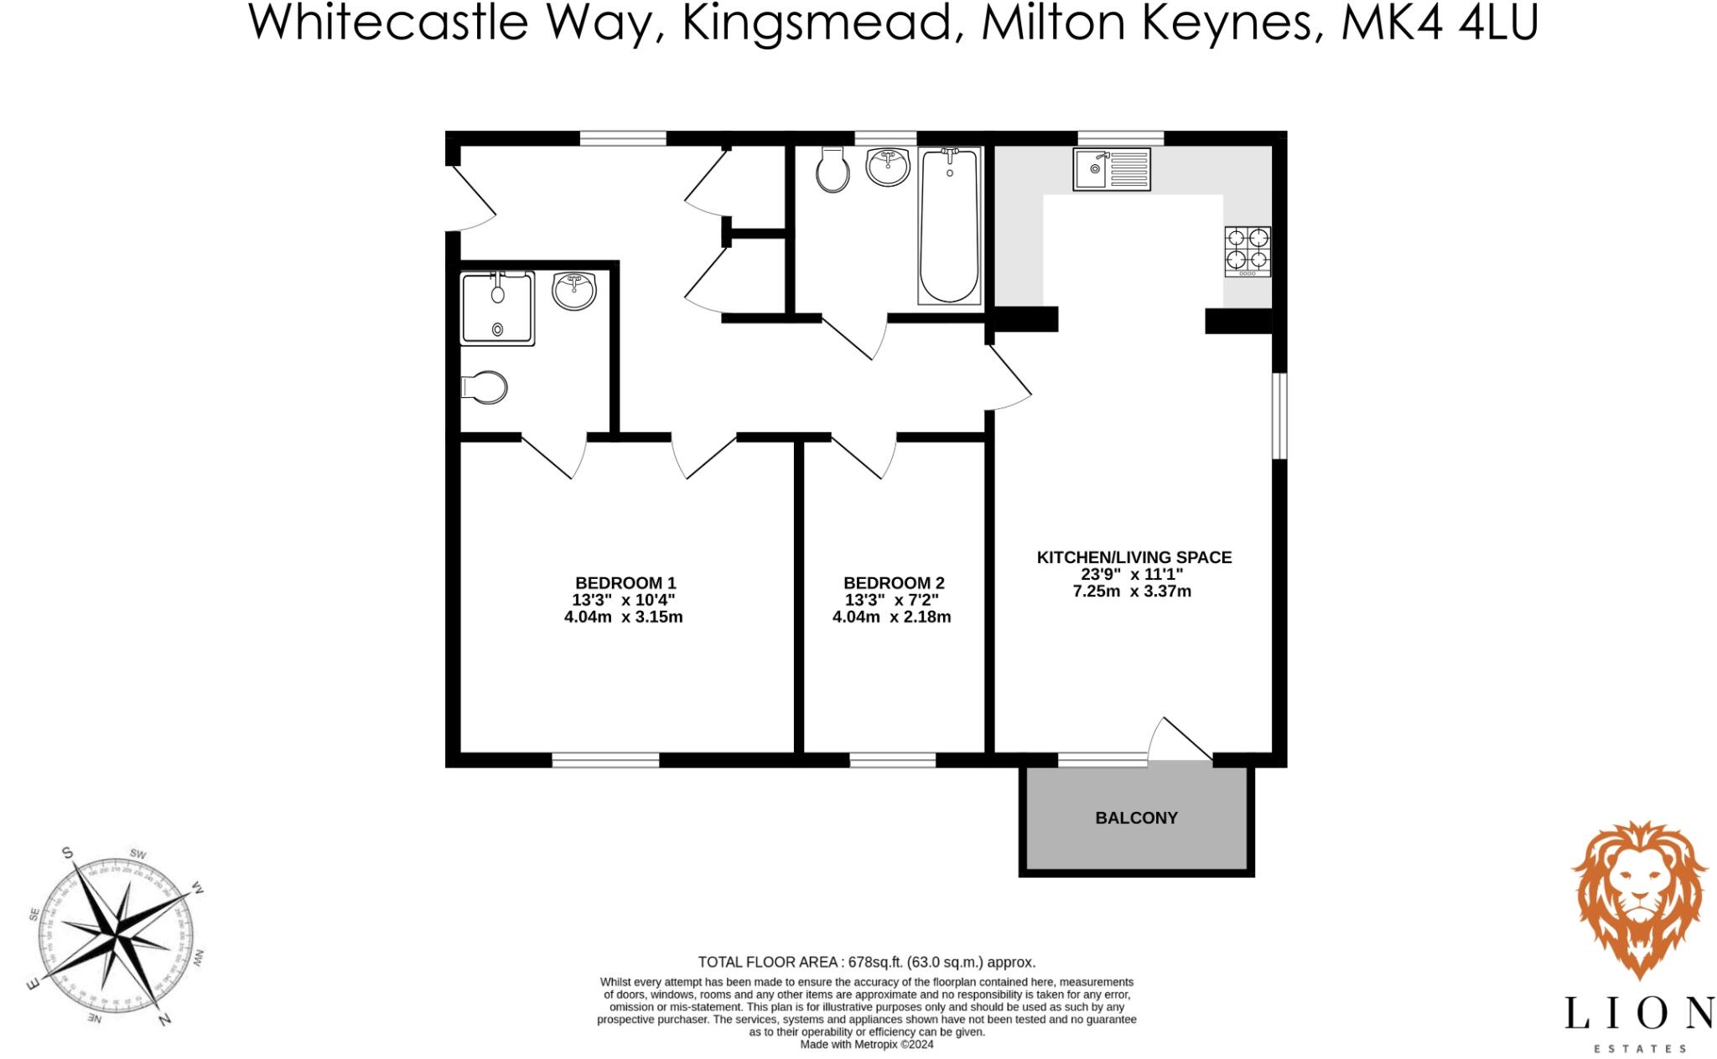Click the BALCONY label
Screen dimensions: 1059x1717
1136,818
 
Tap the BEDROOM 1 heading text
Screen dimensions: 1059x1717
625,583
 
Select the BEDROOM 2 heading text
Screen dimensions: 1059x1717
894,583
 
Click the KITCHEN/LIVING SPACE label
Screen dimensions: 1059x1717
1134,557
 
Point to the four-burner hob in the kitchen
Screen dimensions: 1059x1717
1248,251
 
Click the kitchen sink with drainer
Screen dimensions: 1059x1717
1111,170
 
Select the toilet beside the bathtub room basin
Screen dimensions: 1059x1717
832,171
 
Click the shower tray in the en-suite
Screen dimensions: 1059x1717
497,308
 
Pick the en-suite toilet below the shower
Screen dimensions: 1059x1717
485,387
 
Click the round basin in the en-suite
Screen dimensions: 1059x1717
574,291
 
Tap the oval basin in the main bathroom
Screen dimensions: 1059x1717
888,167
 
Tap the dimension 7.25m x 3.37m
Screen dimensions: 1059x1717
1132,591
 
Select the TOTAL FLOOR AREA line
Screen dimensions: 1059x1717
866,962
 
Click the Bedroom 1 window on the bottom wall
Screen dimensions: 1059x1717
605,760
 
